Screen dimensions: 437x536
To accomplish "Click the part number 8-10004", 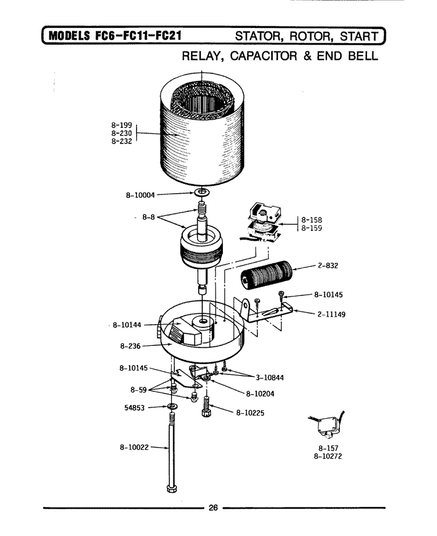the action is pyautogui.click(x=140, y=195).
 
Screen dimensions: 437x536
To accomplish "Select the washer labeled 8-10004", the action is pyautogui.click(x=202, y=192).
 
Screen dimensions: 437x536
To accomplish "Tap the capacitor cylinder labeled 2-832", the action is pyautogui.click(x=267, y=275).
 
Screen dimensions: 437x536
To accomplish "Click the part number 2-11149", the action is pyautogui.click(x=331, y=314).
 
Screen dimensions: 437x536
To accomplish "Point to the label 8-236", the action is pyautogui.click(x=131, y=346).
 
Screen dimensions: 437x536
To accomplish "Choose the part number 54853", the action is pyautogui.click(x=134, y=408).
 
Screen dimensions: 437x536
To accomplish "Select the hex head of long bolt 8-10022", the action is pyautogui.click(x=172, y=488).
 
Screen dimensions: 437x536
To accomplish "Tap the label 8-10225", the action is pyautogui.click(x=250, y=413).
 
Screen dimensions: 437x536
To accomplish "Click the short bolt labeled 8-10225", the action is pyautogui.click(x=206, y=407).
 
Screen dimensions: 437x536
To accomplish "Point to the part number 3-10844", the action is pyautogui.click(x=270, y=378).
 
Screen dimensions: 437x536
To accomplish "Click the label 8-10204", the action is pyautogui.click(x=260, y=394).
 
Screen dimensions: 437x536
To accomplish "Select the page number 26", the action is pyautogui.click(x=213, y=508).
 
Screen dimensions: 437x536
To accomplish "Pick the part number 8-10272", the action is pyautogui.click(x=328, y=456).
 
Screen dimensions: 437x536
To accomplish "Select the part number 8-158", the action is pyautogui.click(x=311, y=220).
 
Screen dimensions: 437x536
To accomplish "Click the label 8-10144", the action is pyautogui.click(x=127, y=325).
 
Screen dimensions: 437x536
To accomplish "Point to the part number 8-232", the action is pyautogui.click(x=121, y=141).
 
